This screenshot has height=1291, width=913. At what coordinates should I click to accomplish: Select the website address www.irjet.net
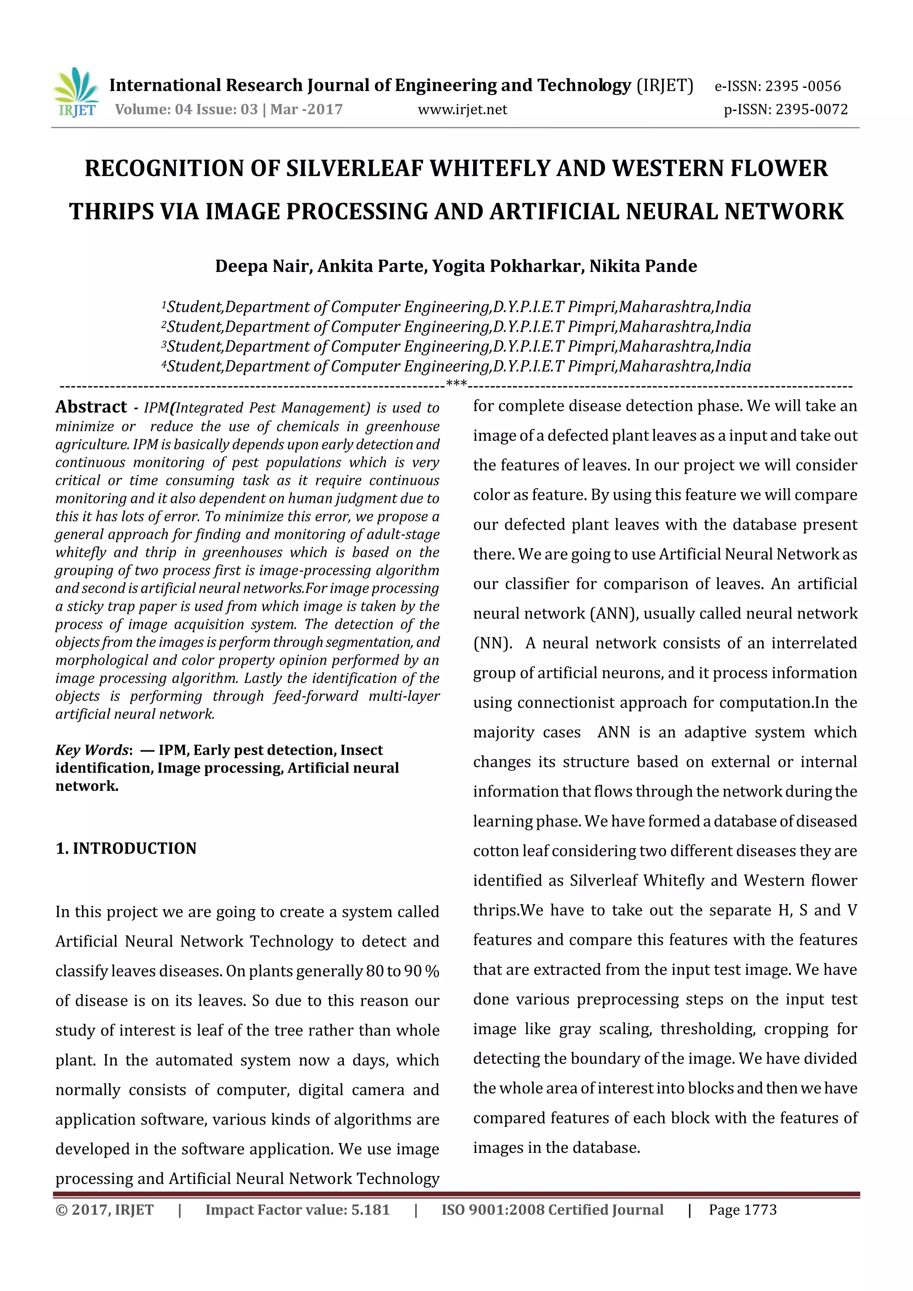[462, 109]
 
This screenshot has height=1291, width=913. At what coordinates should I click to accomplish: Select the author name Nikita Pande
[643, 266]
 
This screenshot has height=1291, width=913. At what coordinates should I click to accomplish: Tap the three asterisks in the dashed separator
[456, 385]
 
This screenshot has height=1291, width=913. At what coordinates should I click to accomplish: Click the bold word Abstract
[91, 407]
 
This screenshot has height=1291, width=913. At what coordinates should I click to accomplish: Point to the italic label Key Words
[92, 750]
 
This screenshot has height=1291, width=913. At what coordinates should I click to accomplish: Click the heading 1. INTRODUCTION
[126, 848]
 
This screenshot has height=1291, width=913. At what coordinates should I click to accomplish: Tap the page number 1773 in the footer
[760, 1209]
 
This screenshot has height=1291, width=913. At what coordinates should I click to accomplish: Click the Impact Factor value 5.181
[370, 1209]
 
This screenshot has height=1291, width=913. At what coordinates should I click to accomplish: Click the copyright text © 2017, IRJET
[105, 1209]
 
